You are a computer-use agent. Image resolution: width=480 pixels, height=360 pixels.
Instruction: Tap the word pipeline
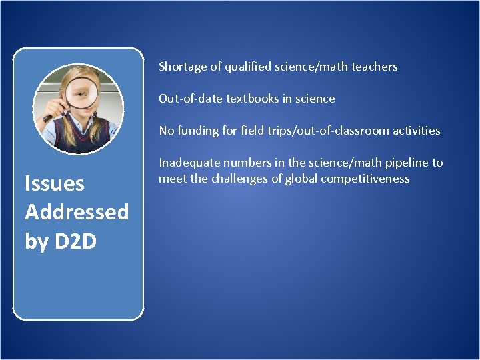(394, 163)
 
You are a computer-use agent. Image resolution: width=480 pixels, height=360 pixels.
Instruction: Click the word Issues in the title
(55, 183)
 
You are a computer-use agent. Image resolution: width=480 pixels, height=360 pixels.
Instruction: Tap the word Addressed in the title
(77, 212)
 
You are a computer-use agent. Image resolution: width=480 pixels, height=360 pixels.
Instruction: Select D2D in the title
(75, 241)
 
